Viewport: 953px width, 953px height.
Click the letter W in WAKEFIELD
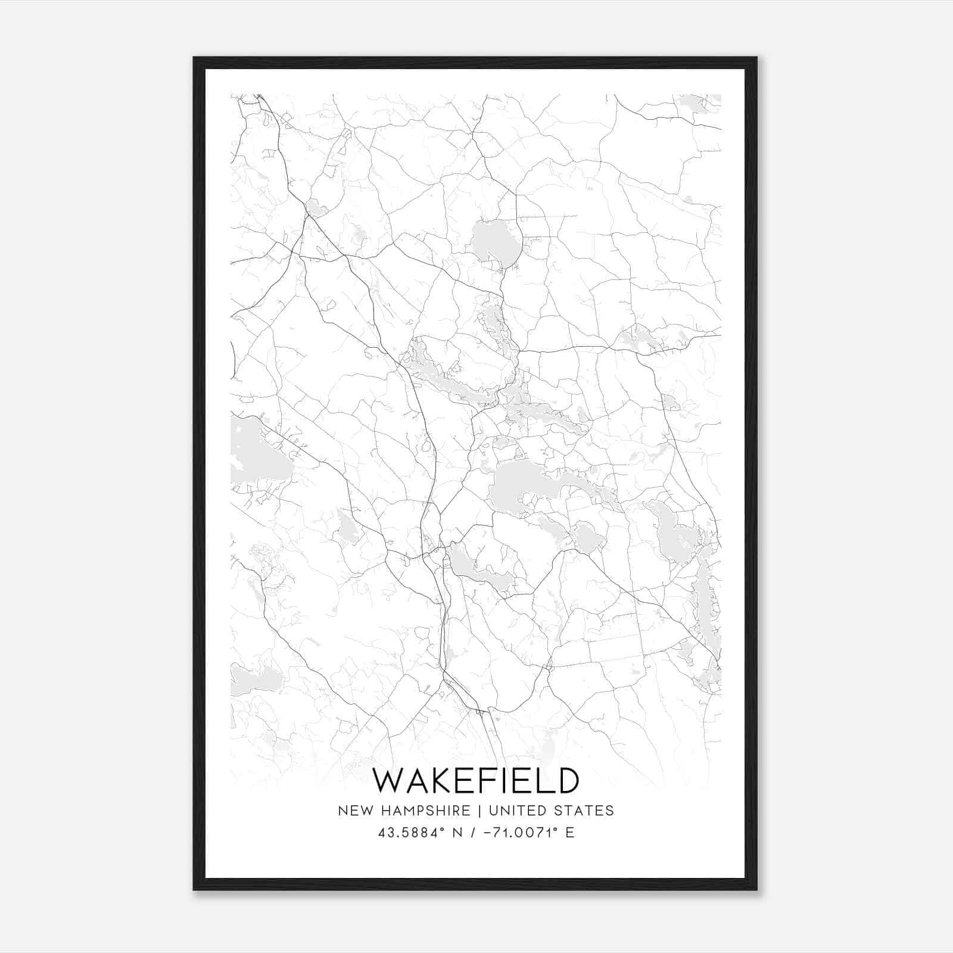pyautogui.click(x=387, y=781)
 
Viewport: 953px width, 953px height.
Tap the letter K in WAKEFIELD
pyautogui.click(x=438, y=781)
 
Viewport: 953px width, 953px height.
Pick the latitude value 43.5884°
pyautogui.click(x=412, y=833)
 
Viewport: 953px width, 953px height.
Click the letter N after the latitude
pyautogui.click(x=457, y=833)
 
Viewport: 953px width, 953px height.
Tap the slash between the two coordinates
pyautogui.click(x=474, y=833)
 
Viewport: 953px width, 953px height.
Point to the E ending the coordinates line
pyautogui.click(x=570, y=833)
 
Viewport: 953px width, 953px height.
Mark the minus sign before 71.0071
pyautogui.click(x=490, y=833)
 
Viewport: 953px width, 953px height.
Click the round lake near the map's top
pyautogui.click(x=496, y=242)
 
